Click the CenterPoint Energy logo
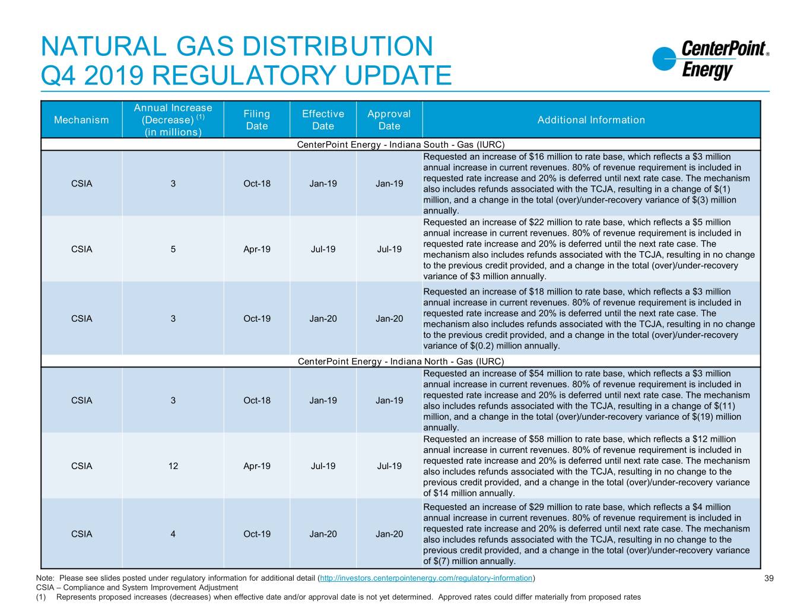(x=710, y=60)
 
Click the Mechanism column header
(x=81, y=119)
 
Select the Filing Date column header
(x=257, y=119)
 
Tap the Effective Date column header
(x=323, y=119)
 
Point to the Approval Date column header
(x=389, y=119)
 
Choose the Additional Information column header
(x=591, y=119)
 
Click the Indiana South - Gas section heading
(x=401, y=144)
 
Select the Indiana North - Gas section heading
(x=401, y=361)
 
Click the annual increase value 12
(x=173, y=466)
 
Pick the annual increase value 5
(x=173, y=249)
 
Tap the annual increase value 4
(x=173, y=534)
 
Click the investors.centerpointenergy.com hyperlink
(x=426, y=578)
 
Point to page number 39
(x=769, y=578)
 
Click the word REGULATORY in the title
(x=243, y=75)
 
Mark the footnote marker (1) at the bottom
(x=41, y=597)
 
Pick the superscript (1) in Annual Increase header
(x=201, y=117)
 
